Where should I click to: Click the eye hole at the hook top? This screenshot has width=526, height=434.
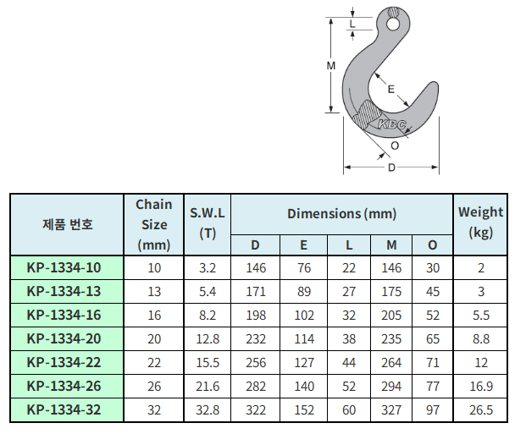pos(392,25)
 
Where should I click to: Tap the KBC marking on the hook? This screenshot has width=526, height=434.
pos(392,124)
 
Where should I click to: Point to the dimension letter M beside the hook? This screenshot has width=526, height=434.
pos(331,66)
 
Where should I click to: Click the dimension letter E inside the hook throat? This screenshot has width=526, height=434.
pos(391,89)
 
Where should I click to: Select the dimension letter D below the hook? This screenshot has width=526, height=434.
pos(391,168)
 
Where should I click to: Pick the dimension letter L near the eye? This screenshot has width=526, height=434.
pos(352,24)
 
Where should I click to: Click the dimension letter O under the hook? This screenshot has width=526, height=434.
pos(395,146)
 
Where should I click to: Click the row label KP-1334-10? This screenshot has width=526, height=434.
pos(64,268)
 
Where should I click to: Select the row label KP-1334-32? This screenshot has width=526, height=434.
pos(64,409)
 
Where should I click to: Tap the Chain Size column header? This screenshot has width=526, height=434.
pos(154,224)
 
